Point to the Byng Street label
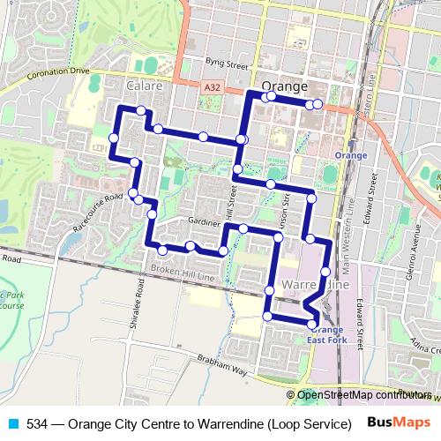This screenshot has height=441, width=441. coord(228,64)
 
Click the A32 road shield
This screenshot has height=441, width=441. coord(211,87)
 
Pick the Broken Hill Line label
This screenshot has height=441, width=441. coord(183,276)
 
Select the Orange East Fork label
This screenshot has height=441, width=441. coord(325,333)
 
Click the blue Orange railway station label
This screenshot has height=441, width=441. coord(350,155)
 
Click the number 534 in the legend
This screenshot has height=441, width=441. coord(37,422)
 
